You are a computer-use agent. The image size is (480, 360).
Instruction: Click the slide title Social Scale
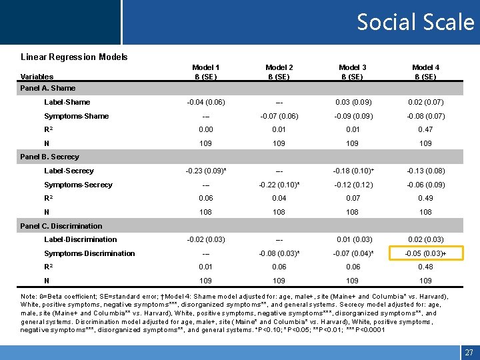coord(415,23)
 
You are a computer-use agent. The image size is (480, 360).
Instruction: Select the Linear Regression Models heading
coord(74,57)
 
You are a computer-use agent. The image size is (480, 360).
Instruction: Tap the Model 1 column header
coord(206,72)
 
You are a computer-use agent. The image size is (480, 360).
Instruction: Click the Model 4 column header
coord(425,72)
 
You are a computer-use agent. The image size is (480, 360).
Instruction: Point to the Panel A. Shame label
coord(48,88)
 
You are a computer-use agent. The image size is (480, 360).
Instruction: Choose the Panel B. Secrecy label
coord(50,157)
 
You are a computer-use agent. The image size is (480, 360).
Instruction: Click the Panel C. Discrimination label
coord(61,226)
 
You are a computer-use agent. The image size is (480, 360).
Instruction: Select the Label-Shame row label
coord(67,102)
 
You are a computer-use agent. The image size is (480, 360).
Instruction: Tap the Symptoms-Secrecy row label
coord(78,185)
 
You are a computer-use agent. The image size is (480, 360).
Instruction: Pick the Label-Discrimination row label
coord(81,239)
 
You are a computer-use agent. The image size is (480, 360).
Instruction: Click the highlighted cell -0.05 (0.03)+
coord(425,253)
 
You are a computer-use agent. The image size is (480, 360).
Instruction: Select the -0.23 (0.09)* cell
coord(207,171)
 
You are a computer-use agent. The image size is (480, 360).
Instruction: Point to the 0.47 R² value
coord(425,129)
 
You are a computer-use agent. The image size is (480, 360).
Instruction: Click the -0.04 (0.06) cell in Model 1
coord(206,102)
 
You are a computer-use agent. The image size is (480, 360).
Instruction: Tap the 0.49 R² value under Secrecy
coord(425,198)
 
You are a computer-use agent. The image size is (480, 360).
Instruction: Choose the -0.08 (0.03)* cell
coord(279,253)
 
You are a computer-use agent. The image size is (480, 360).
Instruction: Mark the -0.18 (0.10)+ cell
coord(352,171)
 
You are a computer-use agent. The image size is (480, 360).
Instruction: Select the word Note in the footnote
coord(29,296)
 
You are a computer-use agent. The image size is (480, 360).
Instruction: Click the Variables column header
coord(37,77)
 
